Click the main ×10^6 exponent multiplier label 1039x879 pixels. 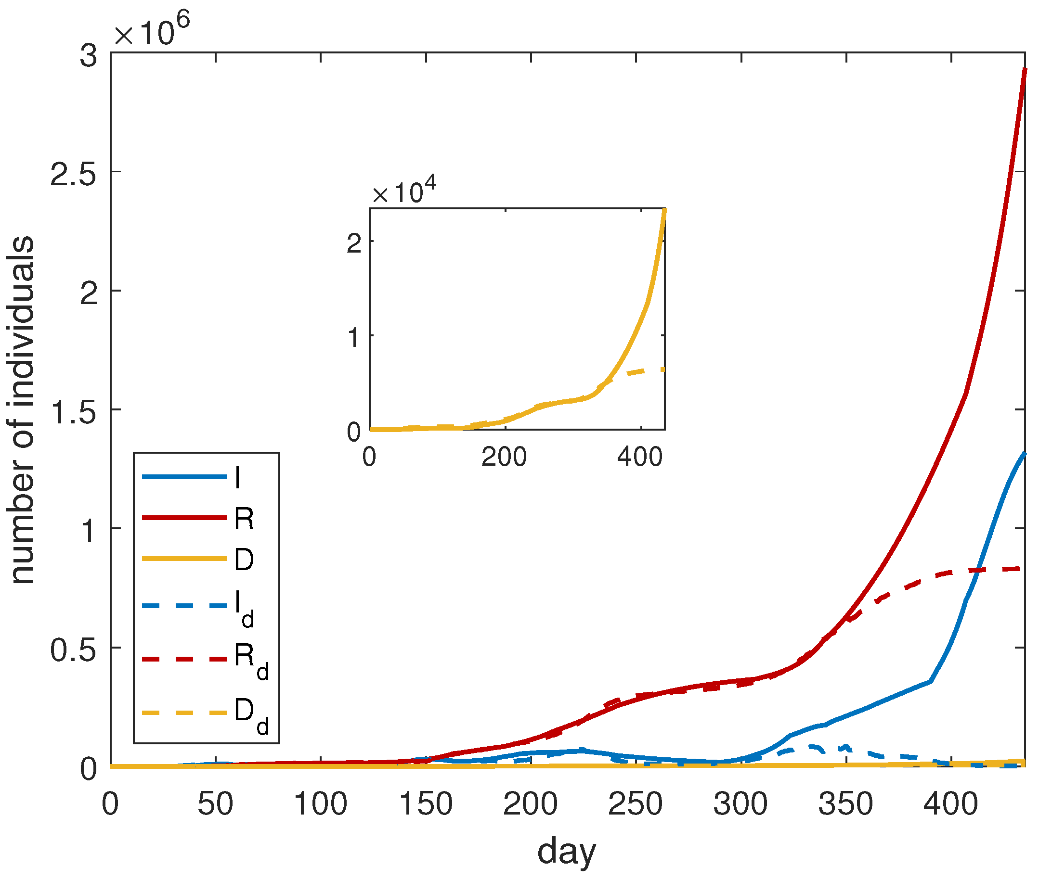[x=152, y=31]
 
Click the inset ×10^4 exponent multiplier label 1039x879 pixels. [x=404, y=191]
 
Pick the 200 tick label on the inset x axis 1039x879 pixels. [x=504, y=457]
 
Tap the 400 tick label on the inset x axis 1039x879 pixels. [x=640, y=457]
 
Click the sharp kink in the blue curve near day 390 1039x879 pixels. [x=930, y=681]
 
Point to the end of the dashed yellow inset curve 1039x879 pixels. [x=663, y=369]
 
